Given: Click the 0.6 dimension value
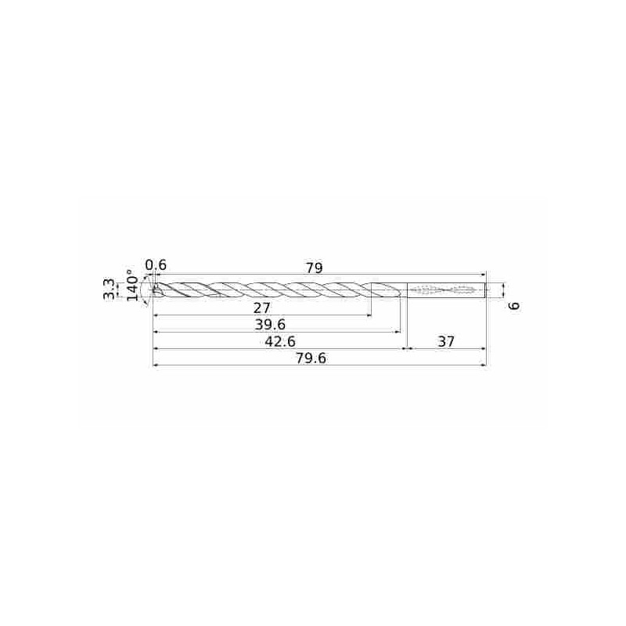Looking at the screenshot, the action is tap(156, 265).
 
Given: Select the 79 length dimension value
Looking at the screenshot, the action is tap(315, 268).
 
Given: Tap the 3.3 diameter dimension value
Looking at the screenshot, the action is tap(110, 290).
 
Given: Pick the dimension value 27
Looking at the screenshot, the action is tap(261, 308).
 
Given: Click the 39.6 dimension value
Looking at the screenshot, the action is tap(270, 325).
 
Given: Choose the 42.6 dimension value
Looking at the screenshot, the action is tap(280, 342).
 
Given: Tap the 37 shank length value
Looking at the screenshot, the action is tap(446, 342).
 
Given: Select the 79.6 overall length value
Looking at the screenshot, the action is tap(311, 358).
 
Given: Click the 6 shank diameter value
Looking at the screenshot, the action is tap(516, 306).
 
